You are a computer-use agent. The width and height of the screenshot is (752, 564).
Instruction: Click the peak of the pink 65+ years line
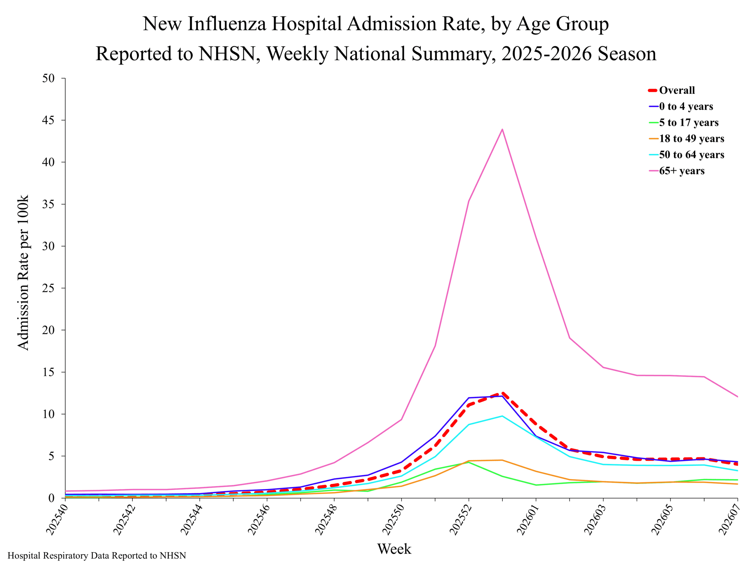click(502, 129)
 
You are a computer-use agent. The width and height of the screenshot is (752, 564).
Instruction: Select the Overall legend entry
click(672, 90)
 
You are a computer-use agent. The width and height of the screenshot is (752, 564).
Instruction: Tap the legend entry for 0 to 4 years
click(681, 106)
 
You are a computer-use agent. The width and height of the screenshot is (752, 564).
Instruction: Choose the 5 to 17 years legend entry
click(684, 122)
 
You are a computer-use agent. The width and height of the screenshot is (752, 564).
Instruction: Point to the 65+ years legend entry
click(677, 171)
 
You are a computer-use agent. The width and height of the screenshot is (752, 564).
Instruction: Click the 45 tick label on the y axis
click(48, 120)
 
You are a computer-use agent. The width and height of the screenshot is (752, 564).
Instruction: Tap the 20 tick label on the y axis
click(48, 330)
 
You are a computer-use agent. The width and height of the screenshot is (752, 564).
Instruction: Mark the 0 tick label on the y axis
click(52, 498)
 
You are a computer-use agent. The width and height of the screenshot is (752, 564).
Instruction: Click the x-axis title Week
click(394, 549)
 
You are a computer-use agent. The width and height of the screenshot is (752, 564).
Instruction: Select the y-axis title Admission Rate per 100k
click(23, 272)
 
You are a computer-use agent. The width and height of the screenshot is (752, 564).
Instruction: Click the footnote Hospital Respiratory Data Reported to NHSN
click(97, 555)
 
